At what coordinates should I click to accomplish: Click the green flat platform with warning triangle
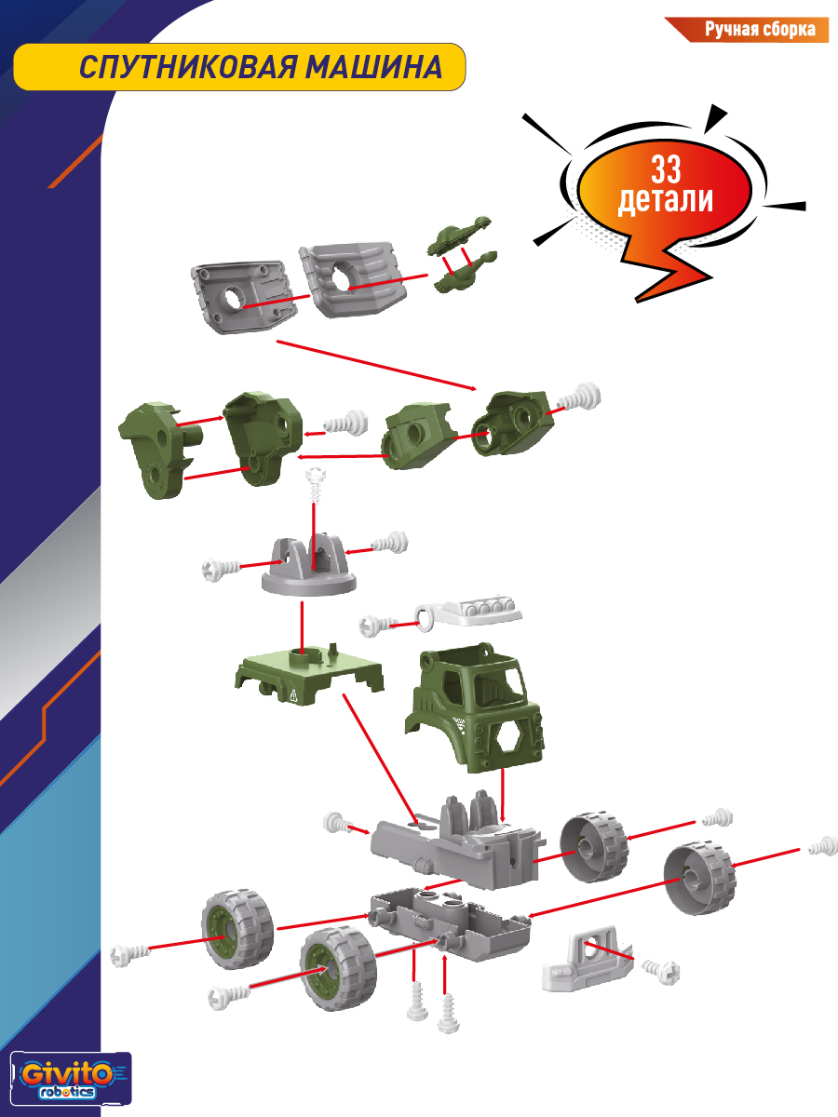(307, 676)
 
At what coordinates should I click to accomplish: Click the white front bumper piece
(588, 962)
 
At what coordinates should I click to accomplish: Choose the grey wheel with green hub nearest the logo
(237, 928)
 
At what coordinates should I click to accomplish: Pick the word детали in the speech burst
(666, 199)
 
